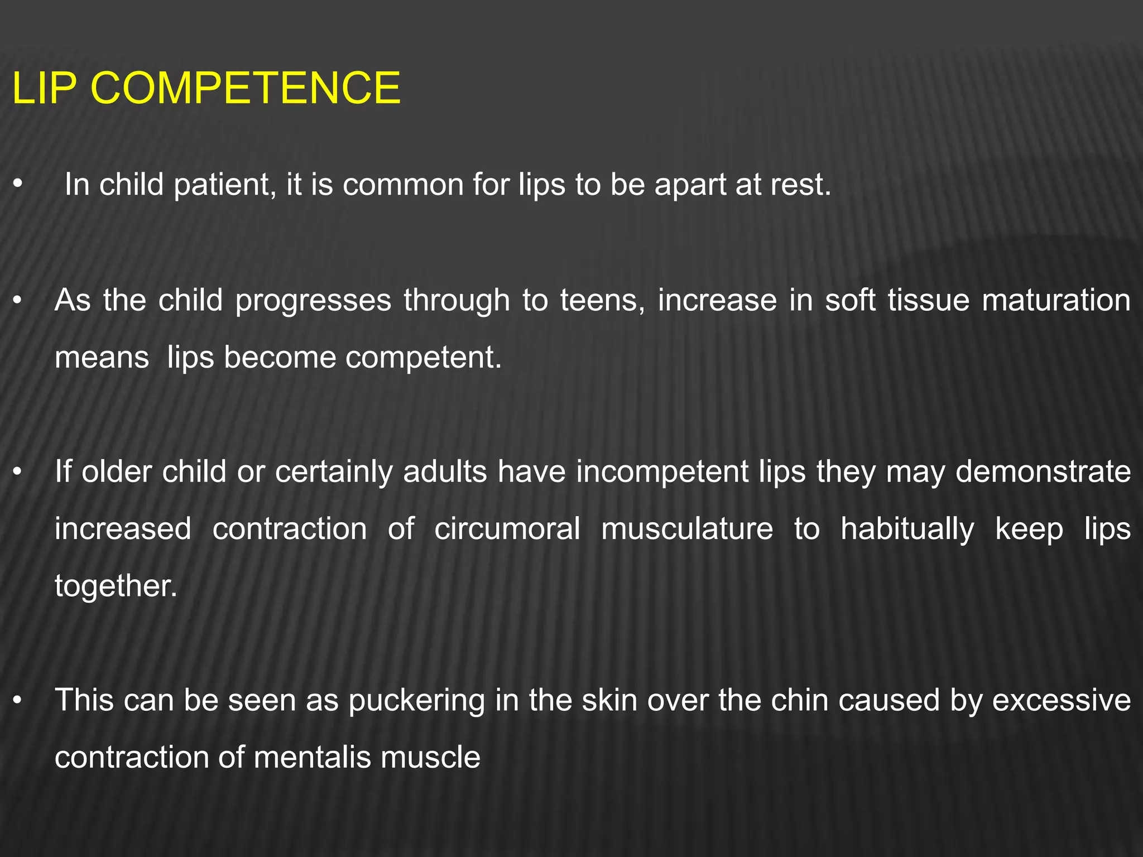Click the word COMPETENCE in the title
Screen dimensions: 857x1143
point(245,88)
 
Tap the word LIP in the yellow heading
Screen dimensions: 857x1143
point(44,88)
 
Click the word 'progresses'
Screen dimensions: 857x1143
point(313,301)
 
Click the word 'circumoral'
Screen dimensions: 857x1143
point(507,529)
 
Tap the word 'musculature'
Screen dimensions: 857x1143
point(687,529)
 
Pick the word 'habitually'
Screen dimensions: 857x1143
point(907,530)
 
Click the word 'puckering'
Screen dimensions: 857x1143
point(417,701)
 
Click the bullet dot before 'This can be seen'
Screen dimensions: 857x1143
point(18,700)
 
